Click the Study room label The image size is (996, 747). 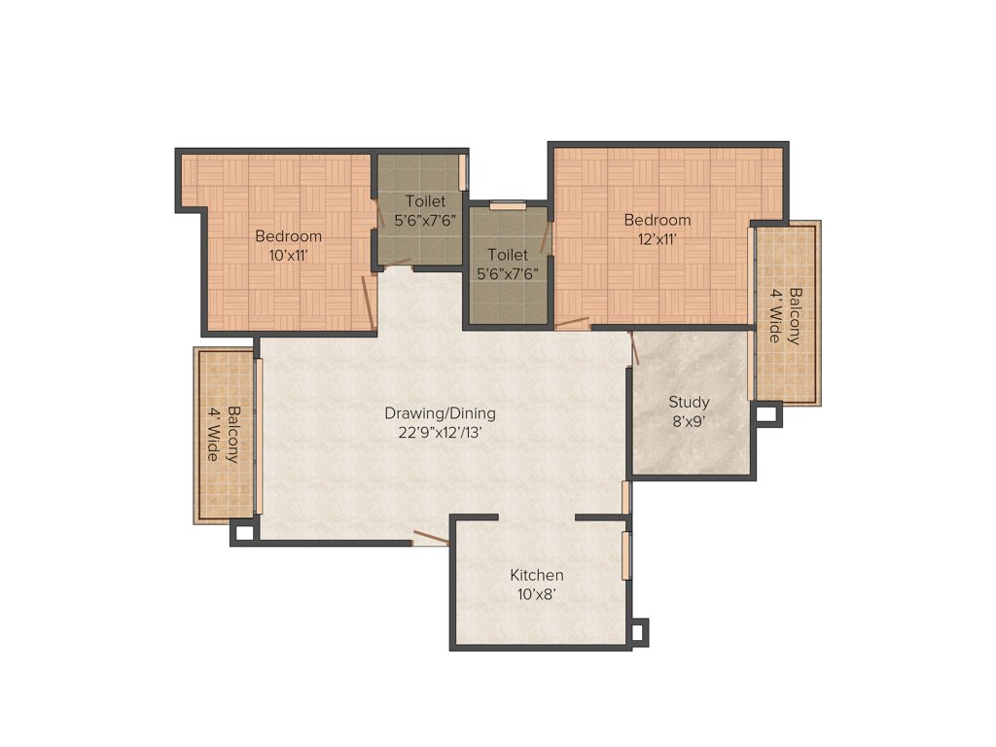pos(689,402)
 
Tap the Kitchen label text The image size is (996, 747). pos(537,575)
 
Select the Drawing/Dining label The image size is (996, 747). pos(439,413)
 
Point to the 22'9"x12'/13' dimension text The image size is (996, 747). pos(439,434)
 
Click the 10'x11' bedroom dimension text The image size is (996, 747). pos(288,255)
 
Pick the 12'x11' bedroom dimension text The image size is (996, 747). pos(658,239)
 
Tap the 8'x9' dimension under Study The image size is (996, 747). pos(689,422)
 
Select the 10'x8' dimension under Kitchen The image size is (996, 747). pos(537,594)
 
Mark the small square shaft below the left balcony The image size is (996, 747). pos(243,533)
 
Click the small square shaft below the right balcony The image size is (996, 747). pos(767,413)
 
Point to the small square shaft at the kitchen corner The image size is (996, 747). pos(638,633)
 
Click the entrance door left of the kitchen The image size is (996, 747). pos(430,536)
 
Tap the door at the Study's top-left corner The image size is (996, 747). pos(634,347)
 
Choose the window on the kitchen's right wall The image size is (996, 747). pos(627,555)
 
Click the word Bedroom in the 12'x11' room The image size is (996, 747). pos(658,220)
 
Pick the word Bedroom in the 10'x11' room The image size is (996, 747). pos(288,235)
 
